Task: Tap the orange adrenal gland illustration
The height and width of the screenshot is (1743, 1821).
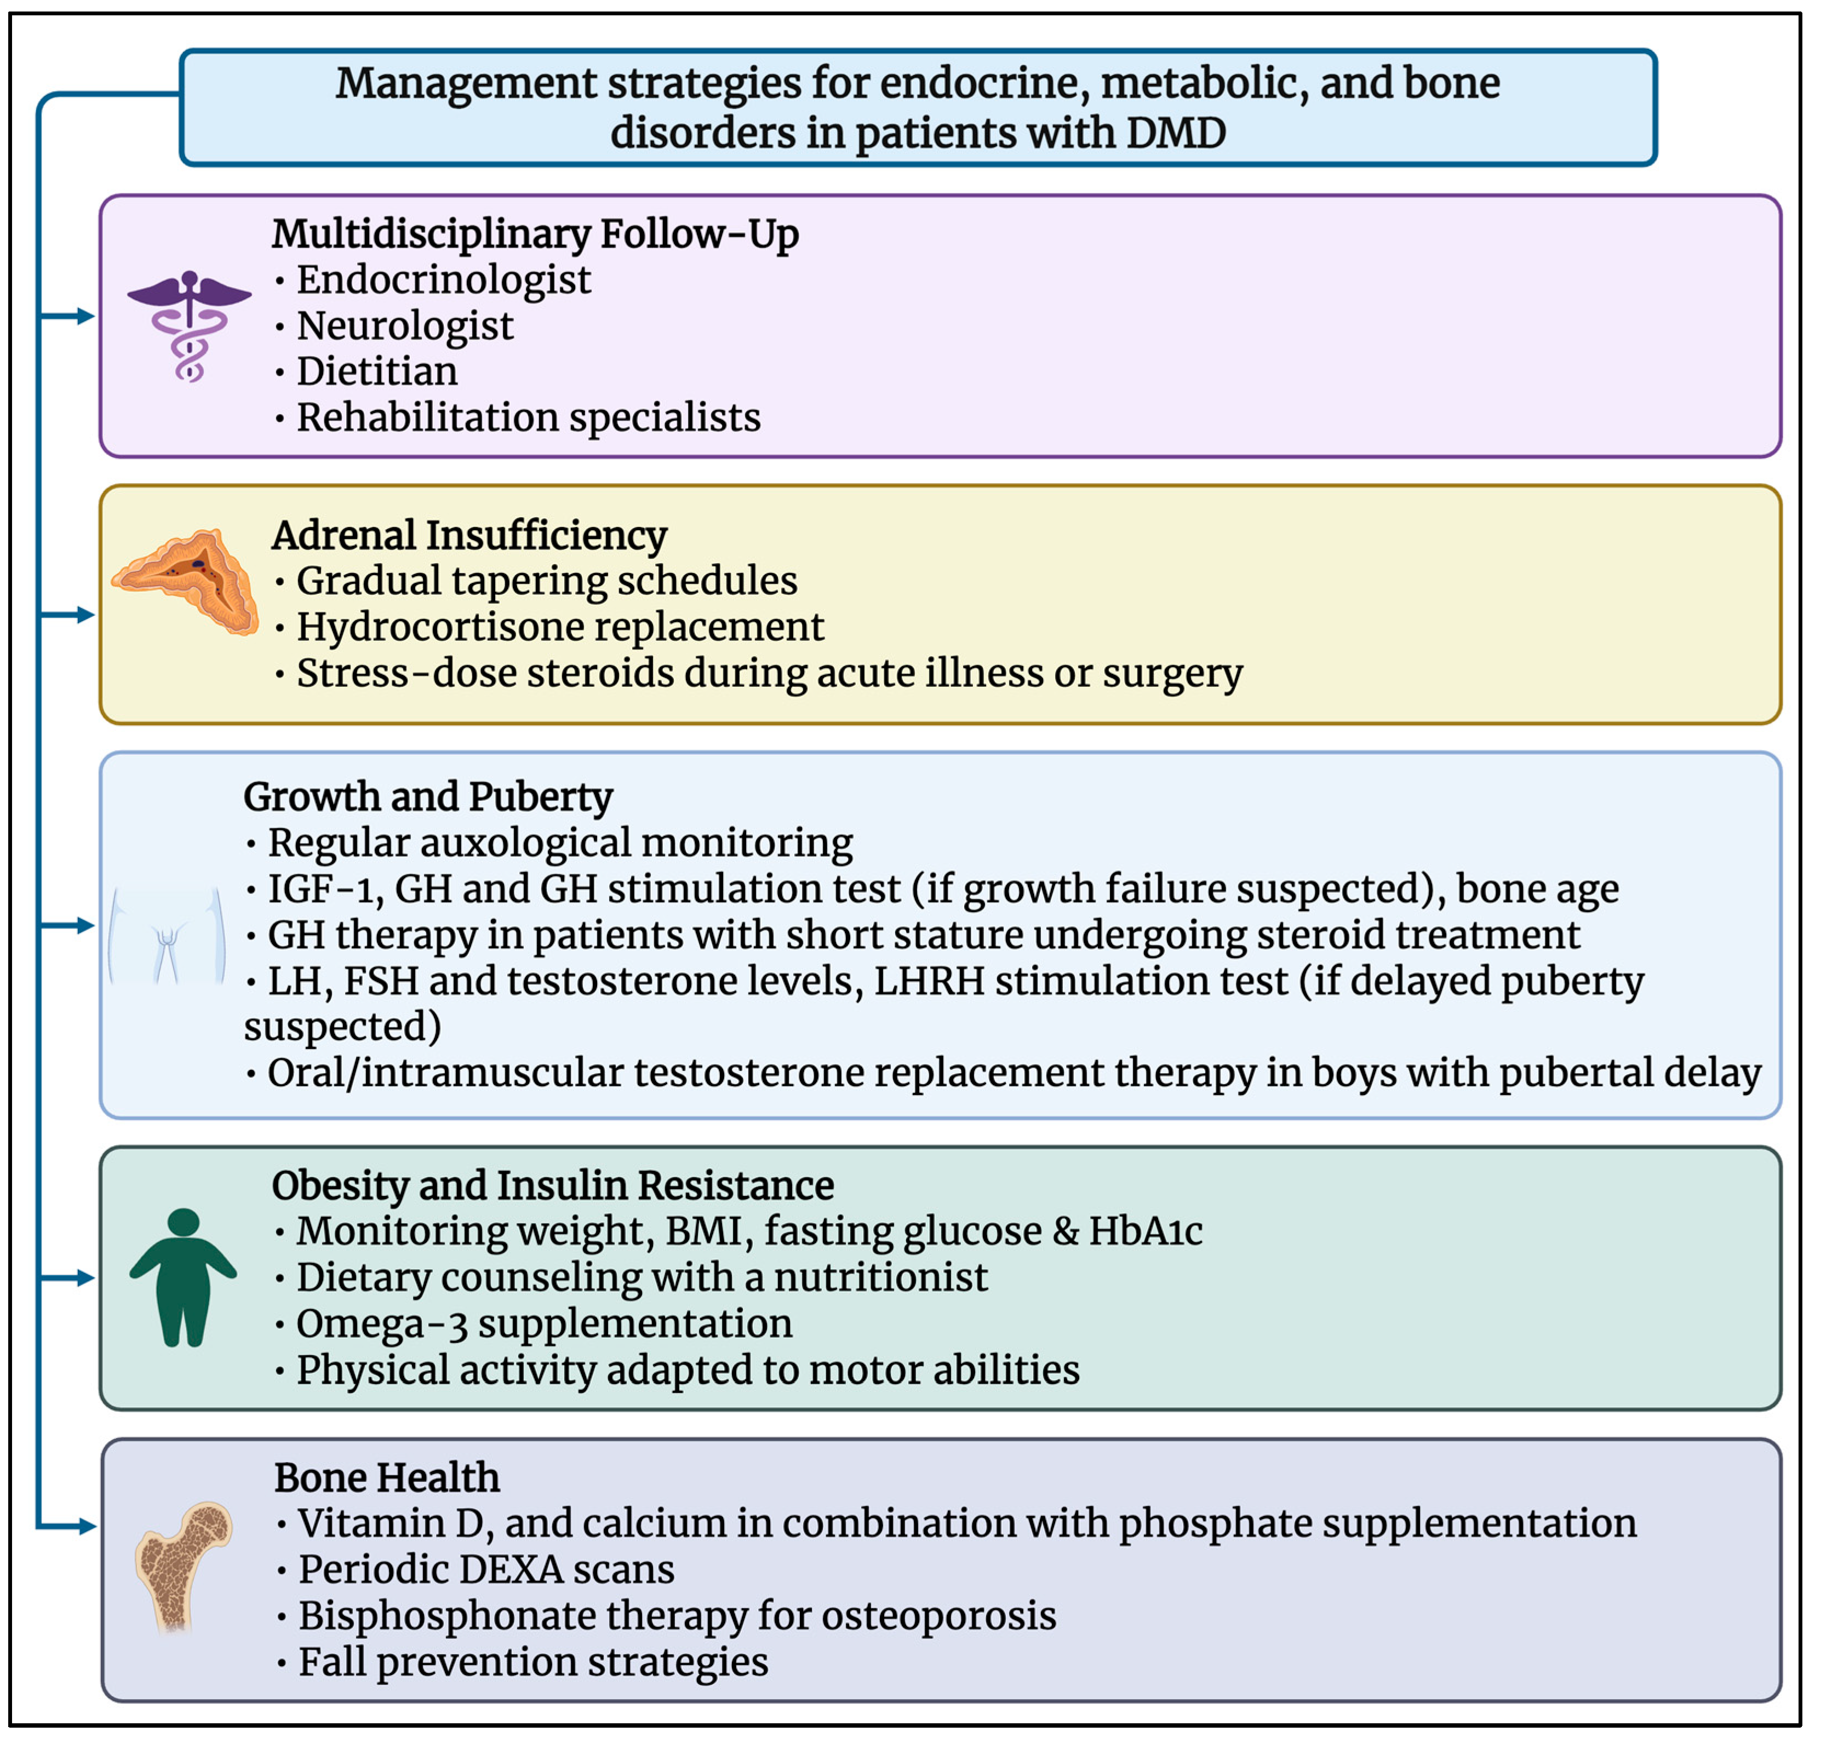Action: pyautogui.click(x=186, y=581)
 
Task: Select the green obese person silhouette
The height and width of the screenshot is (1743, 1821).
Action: pyautogui.click(x=183, y=1277)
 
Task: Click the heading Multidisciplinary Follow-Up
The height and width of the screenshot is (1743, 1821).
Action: pyautogui.click(x=534, y=233)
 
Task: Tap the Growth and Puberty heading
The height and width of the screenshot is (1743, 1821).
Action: pyautogui.click(x=427, y=796)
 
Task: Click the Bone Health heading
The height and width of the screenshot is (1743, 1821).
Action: pyautogui.click(x=387, y=1477)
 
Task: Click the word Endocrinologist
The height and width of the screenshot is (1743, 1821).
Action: pyautogui.click(x=443, y=280)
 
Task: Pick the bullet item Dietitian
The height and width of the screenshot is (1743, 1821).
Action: pyautogui.click(x=376, y=371)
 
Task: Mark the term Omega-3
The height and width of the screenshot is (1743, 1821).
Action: pyautogui.click(x=381, y=1324)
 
